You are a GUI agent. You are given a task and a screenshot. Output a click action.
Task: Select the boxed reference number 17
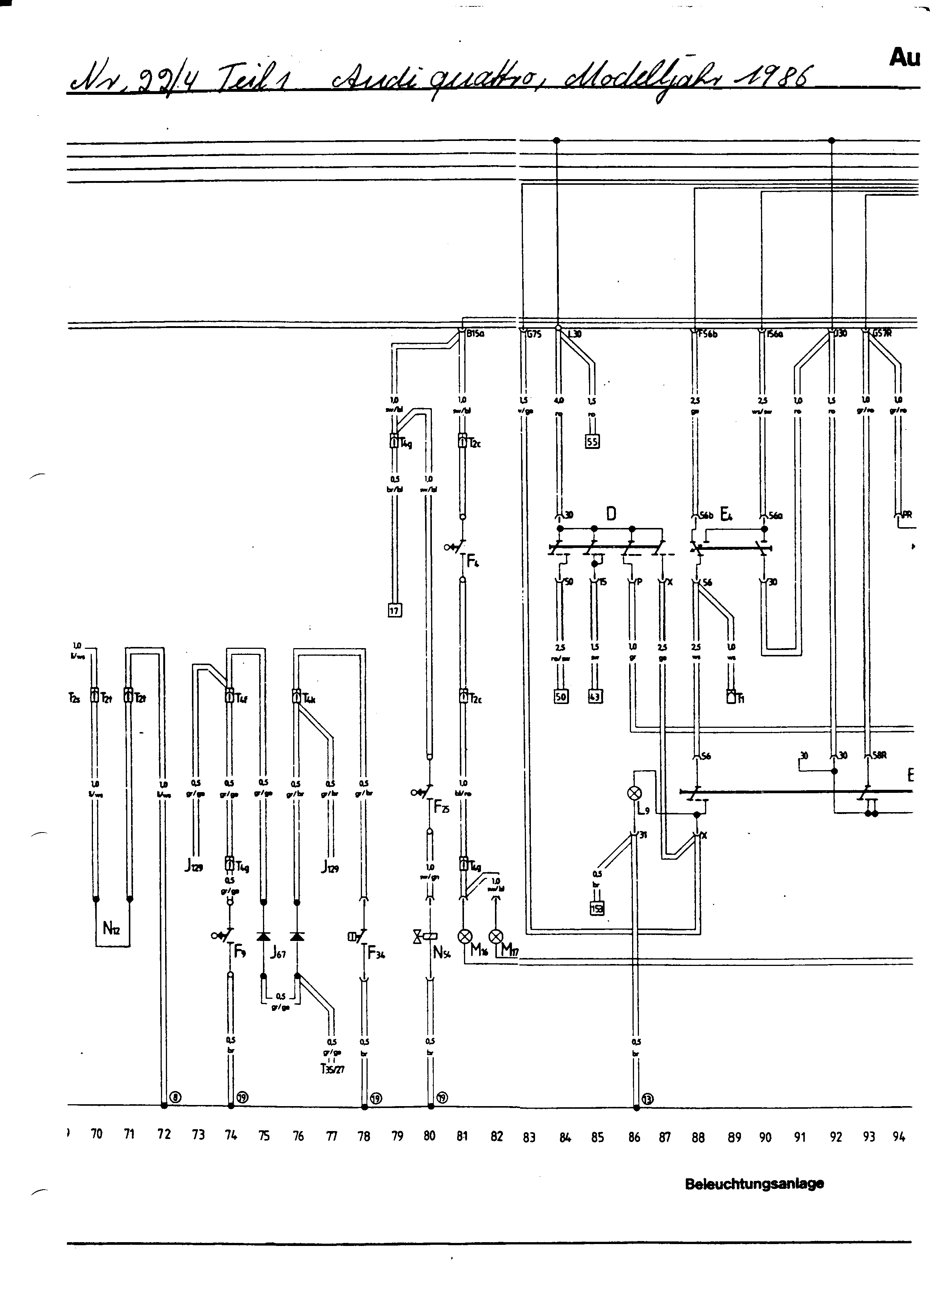point(395,611)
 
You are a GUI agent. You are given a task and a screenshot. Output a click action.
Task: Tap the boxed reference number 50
point(561,697)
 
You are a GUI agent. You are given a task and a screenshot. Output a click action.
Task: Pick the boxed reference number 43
point(595,697)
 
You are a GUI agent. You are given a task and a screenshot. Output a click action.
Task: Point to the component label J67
point(278,953)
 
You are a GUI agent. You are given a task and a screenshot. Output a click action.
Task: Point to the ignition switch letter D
point(611,514)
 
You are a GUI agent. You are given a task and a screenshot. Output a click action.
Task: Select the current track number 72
point(164,1134)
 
